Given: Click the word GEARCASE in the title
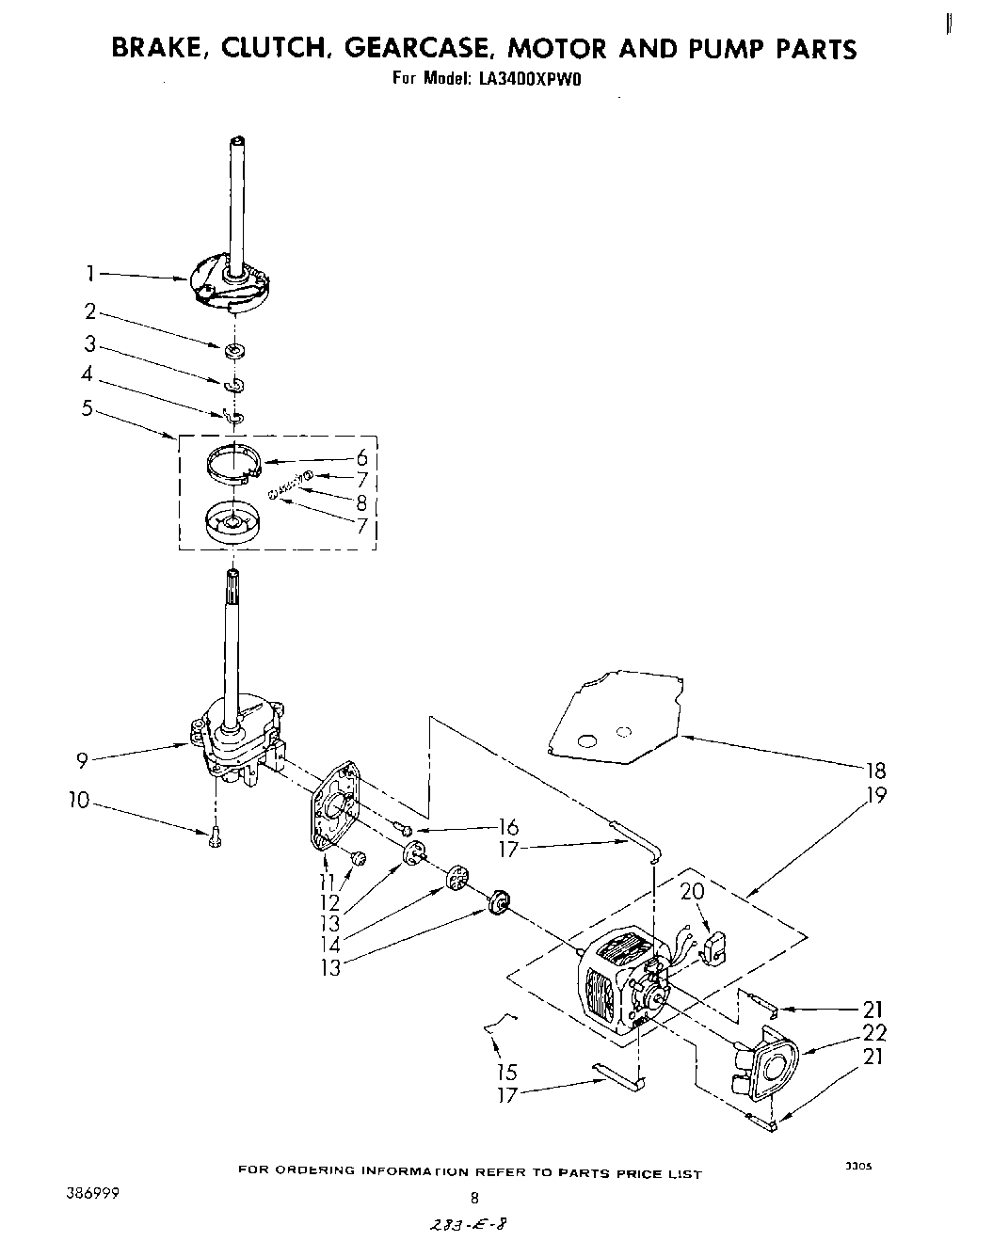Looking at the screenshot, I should pos(419,48).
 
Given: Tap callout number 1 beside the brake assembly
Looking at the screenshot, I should pos(90,274).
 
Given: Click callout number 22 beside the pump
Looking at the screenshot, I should pos(874,1033).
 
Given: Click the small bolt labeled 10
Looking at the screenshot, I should pos(216,836).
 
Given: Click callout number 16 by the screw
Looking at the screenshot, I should pos(508,828).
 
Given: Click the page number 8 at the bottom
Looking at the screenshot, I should pos(474,1198).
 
